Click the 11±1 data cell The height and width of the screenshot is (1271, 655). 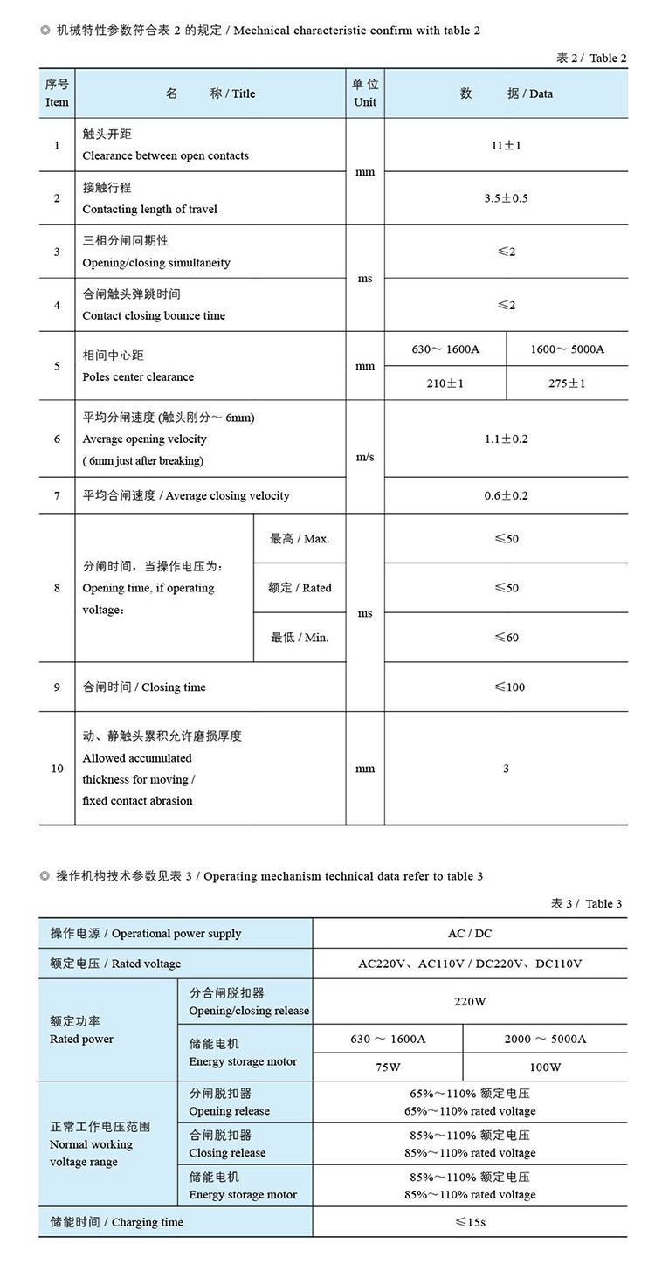click(x=506, y=145)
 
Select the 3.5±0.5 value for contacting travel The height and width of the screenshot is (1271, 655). click(x=506, y=198)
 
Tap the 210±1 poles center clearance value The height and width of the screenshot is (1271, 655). click(x=445, y=383)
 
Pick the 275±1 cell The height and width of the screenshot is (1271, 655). click(x=567, y=383)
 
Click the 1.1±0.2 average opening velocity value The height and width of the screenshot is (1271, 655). click(x=506, y=439)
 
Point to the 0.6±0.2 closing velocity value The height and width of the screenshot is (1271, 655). click(x=506, y=495)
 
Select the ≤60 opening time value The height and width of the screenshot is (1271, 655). click(x=507, y=638)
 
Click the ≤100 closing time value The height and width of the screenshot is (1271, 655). click(x=507, y=687)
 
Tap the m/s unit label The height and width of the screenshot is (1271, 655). click(x=365, y=457)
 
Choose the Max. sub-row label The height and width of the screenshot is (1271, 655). click(x=300, y=539)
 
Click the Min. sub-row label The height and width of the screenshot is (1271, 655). click(x=300, y=638)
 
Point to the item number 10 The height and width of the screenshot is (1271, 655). click(x=57, y=769)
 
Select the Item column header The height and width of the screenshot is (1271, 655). click(x=57, y=93)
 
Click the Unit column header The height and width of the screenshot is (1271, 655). click(x=365, y=93)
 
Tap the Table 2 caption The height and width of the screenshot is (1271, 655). click(x=591, y=59)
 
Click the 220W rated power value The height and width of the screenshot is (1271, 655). click(x=470, y=1002)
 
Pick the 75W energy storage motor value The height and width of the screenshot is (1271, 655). click(x=388, y=1067)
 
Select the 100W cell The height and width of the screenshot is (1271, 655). click(x=545, y=1067)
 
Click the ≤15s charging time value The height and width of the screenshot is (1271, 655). click(x=470, y=1222)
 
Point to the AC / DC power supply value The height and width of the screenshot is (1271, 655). click(x=470, y=934)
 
